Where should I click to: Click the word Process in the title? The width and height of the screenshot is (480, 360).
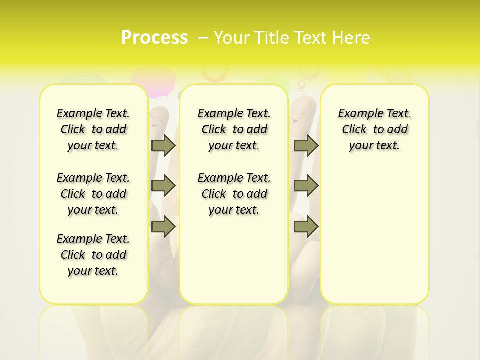click(154, 38)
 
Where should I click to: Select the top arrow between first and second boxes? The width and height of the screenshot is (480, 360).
click(163, 145)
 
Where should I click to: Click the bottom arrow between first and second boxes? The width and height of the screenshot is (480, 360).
click(163, 227)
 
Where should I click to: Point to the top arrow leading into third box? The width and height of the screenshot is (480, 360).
click(306, 145)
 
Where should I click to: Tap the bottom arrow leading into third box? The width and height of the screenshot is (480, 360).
click(306, 227)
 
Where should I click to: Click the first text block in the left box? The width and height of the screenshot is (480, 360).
click(93, 129)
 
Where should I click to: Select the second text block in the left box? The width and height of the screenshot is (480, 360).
click(93, 194)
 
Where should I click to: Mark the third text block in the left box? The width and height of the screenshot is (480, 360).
click(93, 255)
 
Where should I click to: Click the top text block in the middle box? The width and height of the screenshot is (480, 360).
click(234, 129)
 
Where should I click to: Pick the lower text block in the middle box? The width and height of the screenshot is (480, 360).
click(234, 194)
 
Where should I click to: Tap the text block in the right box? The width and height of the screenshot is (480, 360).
click(375, 129)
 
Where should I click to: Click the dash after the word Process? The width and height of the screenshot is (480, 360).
click(202, 38)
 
